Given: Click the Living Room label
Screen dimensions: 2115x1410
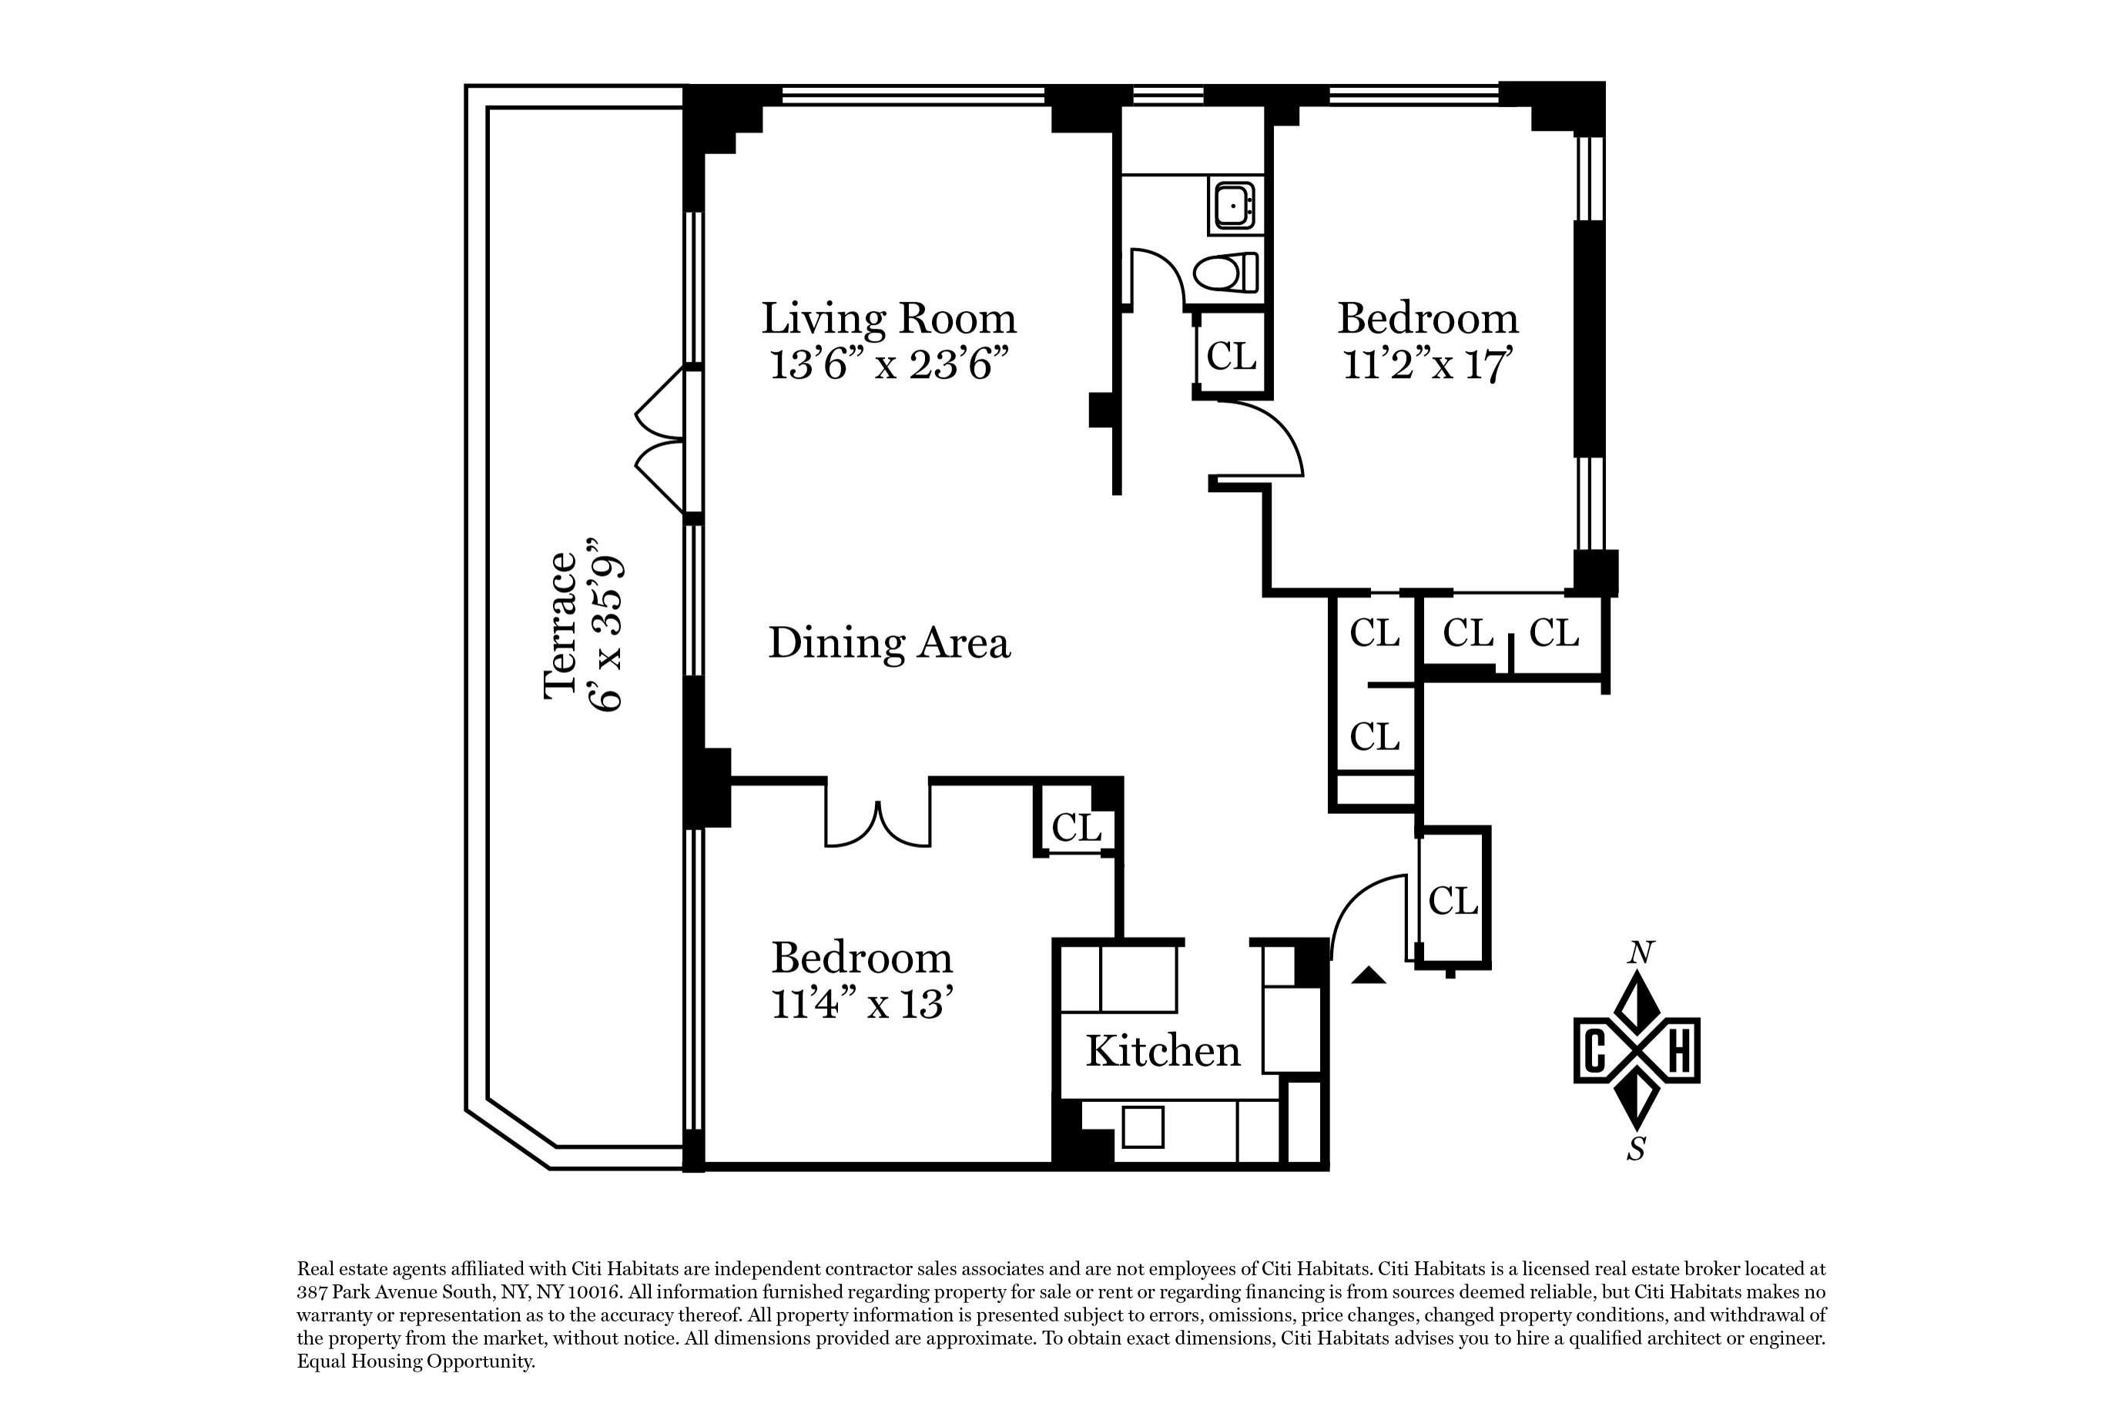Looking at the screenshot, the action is [889, 318].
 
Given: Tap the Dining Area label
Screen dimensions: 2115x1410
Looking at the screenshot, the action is [889, 643].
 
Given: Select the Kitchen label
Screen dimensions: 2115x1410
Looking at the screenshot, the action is [1163, 1050].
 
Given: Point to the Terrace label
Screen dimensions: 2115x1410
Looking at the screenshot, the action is [559, 625].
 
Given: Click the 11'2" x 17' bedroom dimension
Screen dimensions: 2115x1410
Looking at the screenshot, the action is [1427, 364].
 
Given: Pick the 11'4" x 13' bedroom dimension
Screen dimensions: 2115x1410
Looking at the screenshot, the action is [861, 1003].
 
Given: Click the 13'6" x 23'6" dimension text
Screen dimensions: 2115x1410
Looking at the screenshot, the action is [889, 364].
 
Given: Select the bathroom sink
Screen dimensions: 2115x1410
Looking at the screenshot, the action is [1235, 205].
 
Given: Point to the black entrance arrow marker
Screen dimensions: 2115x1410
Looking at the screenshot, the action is [1369, 975].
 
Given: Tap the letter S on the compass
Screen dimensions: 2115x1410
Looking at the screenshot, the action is [1637, 1149].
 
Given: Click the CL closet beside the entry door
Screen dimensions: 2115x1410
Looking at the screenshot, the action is [1453, 900].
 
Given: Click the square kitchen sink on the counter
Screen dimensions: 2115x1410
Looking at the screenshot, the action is [1143, 1127].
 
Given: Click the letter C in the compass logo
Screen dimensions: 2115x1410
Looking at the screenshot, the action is [1594, 1050].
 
